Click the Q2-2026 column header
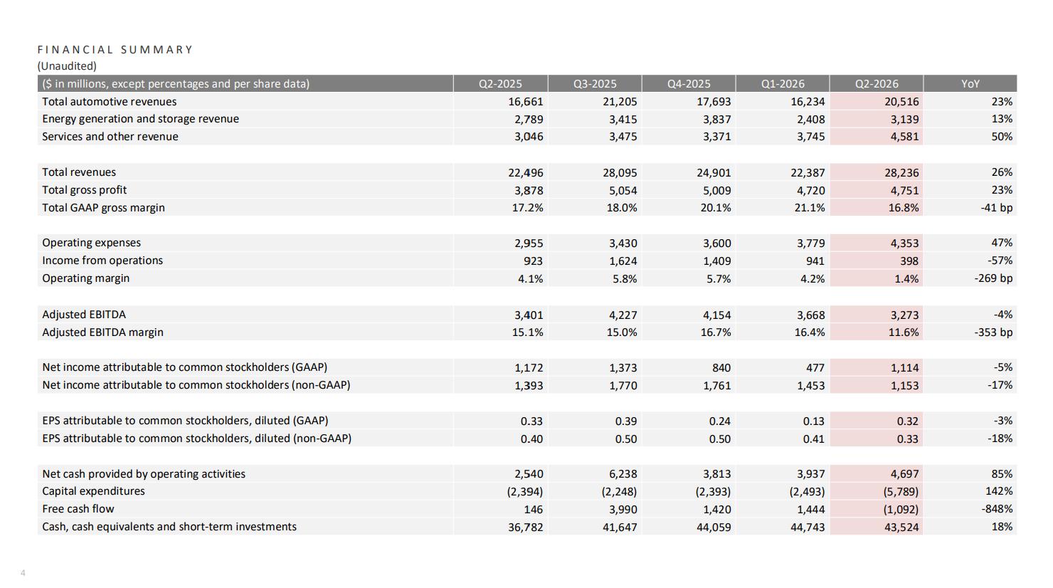pyautogui.click(x=877, y=84)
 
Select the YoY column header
pyautogui.click(x=970, y=84)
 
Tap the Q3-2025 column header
pyautogui.click(x=595, y=84)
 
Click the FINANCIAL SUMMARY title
pyautogui.click(x=115, y=49)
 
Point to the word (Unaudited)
pyautogui.click(x=67, y=66)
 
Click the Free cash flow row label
pyautogui.click(x=78, y=508)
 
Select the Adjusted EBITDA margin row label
pyautogui.click(x=103, y=332)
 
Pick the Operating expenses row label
pyautogui.click(x=91, y=243)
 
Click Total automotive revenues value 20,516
pyautogui.click(x=901, y=102)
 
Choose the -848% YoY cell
pyautogui.click(x=997, y=508)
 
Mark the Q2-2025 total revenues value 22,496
pyautogui.click(x=526, y=173)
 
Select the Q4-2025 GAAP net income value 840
pyautogui.click(x=721, y=367)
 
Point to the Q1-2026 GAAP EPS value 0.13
pyautogui.click(x=814, y=421)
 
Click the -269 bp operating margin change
pyautogui.click(x=993, y=278)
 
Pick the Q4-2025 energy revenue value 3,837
pyautogui.click(x=717, y=120)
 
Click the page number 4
pyautogui.click(x=23, y=572)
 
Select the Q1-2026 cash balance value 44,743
pyautogui.click(x=808, y=527)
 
